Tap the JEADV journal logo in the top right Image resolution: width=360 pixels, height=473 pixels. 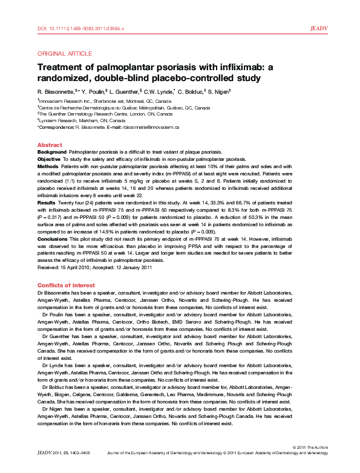(x=319, y=28)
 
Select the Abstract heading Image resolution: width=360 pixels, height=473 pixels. (x=50, y=145)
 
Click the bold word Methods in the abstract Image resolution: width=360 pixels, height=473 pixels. (x=48, y=165)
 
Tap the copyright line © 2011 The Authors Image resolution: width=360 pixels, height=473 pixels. (x=309, y=463)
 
